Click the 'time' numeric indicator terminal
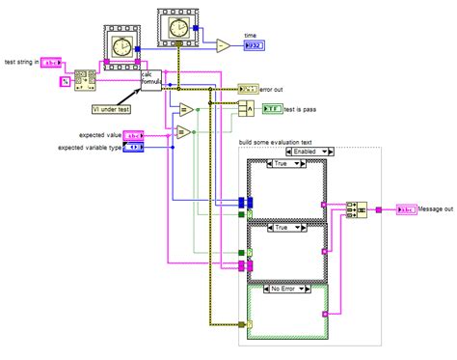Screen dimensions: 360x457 pyautogui.click(x=254, y=45)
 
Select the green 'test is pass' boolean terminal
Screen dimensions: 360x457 pyautogui.click(x=274, y=110)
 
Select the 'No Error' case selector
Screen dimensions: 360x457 pyautogui.click(x=287, y=289)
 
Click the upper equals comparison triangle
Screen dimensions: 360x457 pyautogui.click(x=185, y=109)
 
